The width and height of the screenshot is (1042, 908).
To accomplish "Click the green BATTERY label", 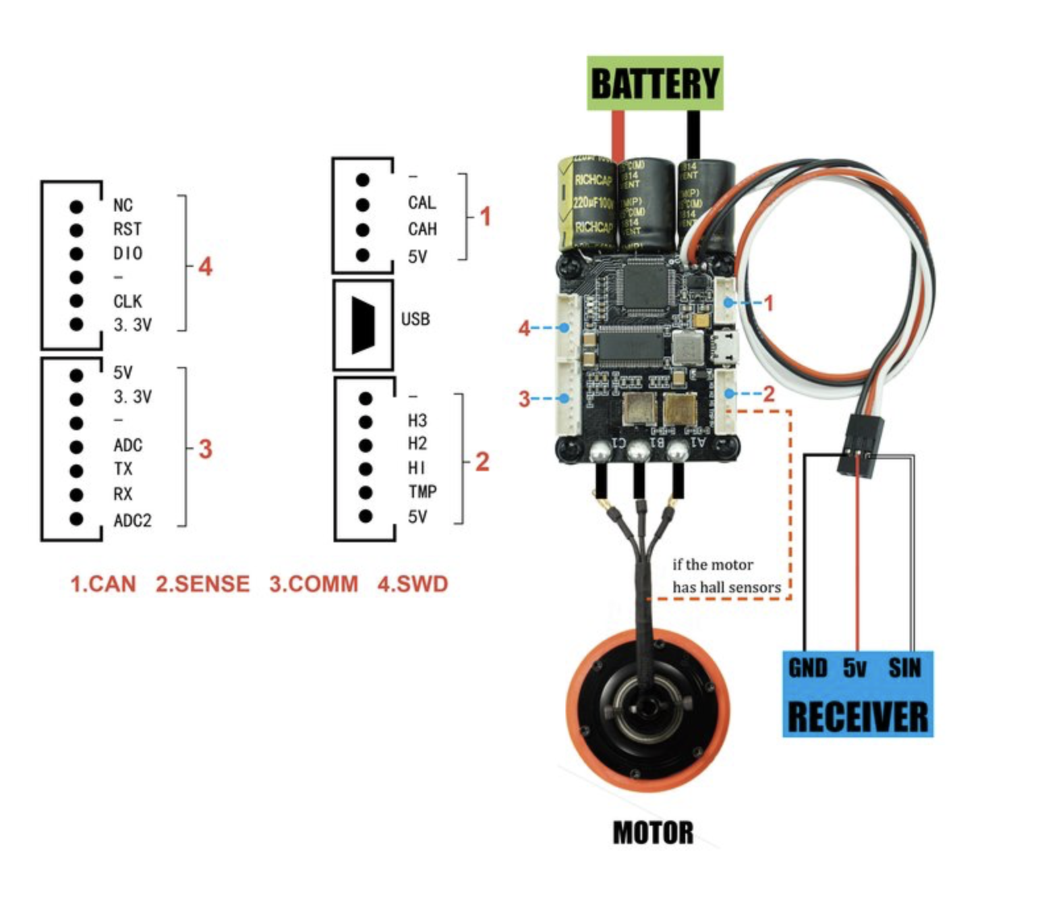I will point(655,83).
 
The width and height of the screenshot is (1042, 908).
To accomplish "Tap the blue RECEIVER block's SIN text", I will point(904,668).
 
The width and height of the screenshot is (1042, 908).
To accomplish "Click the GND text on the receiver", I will point(807,668).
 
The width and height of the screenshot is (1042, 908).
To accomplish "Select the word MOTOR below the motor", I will point(653,832).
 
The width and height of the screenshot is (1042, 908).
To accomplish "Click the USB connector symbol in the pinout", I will point(363,325).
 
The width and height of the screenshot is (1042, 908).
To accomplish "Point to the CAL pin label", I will point(422,202).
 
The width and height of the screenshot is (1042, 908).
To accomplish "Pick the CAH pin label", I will point(422,229).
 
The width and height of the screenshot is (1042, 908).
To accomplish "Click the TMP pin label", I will point(422,492).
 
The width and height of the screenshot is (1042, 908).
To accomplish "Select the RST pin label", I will point(127,229).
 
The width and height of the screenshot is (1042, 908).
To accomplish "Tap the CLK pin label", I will point(127,301).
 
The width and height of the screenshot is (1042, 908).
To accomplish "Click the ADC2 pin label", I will point(132,521).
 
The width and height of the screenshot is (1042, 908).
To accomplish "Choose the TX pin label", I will point(123,469).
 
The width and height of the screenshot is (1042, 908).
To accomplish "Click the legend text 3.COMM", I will point(314,584).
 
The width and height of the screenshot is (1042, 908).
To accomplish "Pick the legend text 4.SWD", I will point(413,584).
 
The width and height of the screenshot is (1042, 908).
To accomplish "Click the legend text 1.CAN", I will point(103,584).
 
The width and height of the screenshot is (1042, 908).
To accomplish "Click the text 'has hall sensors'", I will point(726,587).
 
